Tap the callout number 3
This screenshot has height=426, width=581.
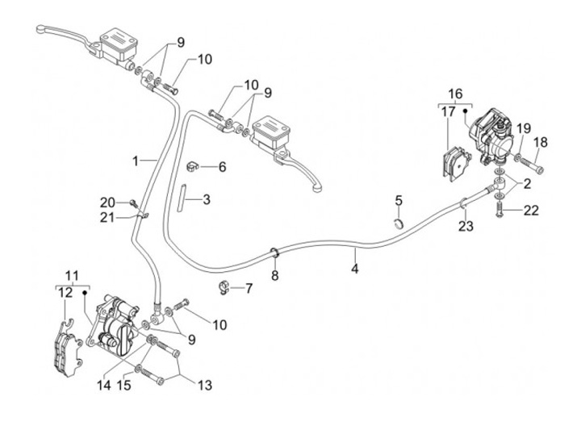(x=207, y=198)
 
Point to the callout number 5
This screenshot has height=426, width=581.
(x=399, y=200)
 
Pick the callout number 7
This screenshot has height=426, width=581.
(x=249, y=287)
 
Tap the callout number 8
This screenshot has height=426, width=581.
(x=274, y=276)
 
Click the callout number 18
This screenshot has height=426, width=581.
(x=541, y=142)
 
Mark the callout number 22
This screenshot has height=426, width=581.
(x=529, y=211)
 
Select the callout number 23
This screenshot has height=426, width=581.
(x=465, y=227)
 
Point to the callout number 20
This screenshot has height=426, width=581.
(x=108, y=202)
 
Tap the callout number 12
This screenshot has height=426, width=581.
(x=62, y=293)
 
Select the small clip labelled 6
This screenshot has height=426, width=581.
(x=194, y=166)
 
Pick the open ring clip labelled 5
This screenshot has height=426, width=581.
(x=399, y=221)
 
